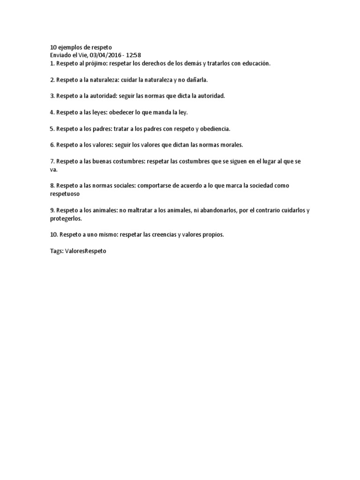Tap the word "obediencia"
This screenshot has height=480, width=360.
point(214,128)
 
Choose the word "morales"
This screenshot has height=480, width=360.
point(230,145)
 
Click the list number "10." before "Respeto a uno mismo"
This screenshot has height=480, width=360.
point(54,234)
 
